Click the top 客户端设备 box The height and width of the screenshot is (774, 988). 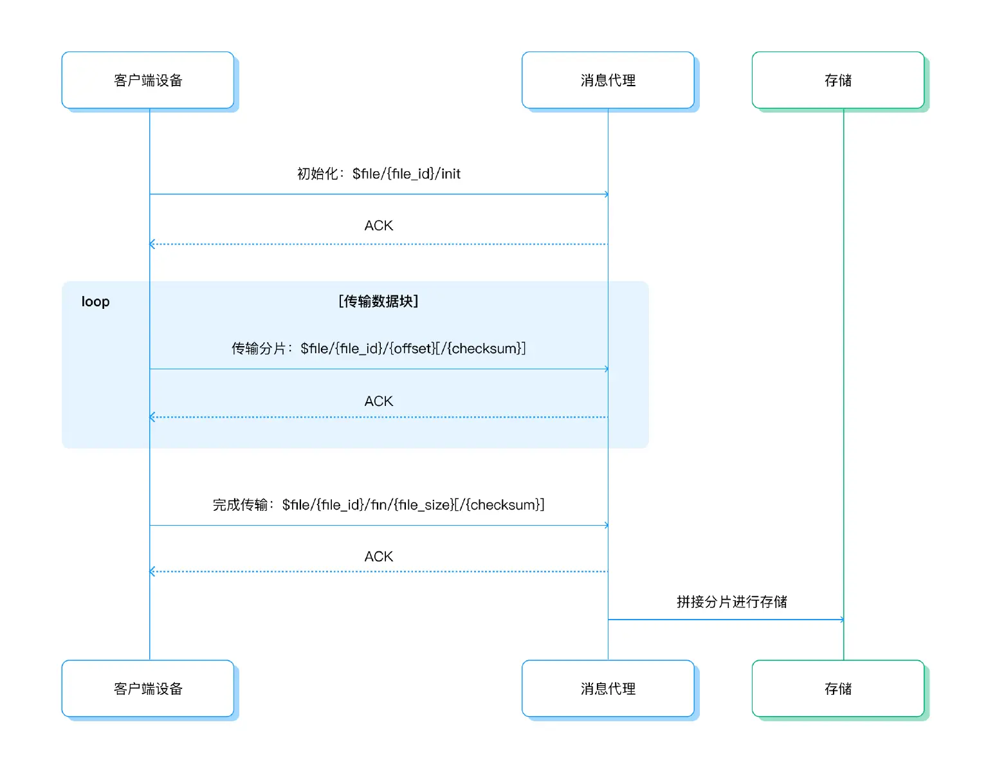[x=148, y=80]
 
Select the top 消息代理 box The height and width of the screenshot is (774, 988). [x=608, y=80]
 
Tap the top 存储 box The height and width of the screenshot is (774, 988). [x=837, y=80]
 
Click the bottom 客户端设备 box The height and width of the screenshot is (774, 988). [x=148, y=688]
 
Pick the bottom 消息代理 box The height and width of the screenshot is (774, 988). [x=608, y=688]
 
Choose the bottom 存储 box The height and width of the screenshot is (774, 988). [x=837, y=688]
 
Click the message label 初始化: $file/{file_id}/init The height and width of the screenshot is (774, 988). [x=378, y=174]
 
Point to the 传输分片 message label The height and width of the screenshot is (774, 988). [x=378, y=349]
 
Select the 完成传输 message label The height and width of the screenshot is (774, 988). [x=378, y=505]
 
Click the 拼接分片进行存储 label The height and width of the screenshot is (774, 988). [x=731, y=602]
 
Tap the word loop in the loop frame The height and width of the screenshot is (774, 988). [x=95, y=302]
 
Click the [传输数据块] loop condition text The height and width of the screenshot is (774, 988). [x=378, y=301]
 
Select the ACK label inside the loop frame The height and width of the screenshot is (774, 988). [x=378, y=401]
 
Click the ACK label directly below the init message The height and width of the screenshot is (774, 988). [x=378, y=226]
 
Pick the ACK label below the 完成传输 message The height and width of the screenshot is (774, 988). [x=378, y=557]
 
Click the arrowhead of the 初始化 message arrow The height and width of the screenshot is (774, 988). [x=606, y=194]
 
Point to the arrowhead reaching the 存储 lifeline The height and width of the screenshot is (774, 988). [x=841, y=620]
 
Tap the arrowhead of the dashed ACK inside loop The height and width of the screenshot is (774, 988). [x=152, y=418]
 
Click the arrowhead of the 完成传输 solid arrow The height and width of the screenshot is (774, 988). [x=606, y=526]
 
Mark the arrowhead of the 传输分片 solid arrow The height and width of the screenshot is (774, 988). [x=606, y=369]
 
